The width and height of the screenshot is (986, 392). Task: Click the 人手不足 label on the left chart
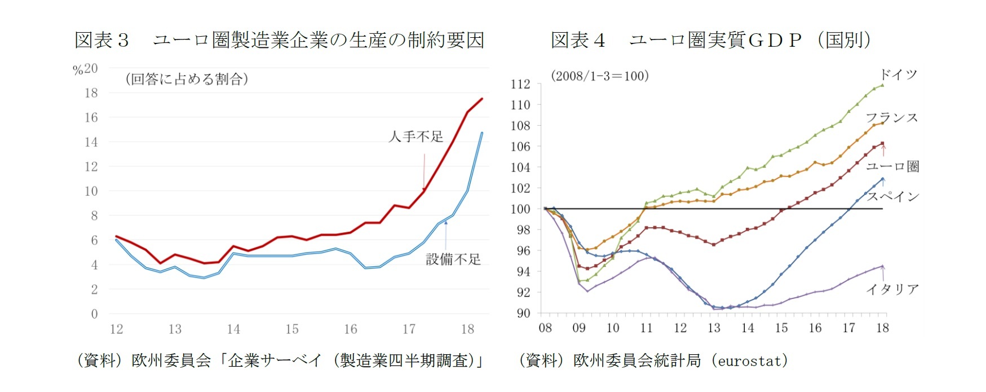coord(416,136)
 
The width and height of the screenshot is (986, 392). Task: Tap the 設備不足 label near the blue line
coord(453,259)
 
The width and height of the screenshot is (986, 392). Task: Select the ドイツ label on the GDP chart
coord(899,74)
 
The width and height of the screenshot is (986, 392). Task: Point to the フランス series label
coord(892,118)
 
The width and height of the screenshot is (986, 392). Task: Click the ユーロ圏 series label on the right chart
coord(893,166)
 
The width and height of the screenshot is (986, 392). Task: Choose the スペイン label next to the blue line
coord(893,196)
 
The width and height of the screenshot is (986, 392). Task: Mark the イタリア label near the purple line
coord(893,289)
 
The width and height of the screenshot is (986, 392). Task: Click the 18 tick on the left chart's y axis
coord(91,93)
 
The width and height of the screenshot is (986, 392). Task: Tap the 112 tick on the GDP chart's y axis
coord(520,84)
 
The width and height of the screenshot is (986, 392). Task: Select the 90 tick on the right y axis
coord(523,313)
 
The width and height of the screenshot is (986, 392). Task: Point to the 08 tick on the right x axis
coord(545,328)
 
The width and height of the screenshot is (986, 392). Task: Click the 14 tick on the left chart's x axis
coord(233,329)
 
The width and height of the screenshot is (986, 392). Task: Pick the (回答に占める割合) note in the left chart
coord(187,79)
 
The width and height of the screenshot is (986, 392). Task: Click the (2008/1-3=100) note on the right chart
coord(600,76)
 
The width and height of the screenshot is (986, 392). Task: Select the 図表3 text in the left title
coord(102,40)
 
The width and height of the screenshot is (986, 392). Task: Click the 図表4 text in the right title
coord(578,40)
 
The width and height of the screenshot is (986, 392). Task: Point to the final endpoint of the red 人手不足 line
coord(482,99)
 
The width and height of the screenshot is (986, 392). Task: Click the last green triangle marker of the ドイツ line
coord(882,85)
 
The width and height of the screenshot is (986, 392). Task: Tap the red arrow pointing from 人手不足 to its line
coord(424,172)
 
